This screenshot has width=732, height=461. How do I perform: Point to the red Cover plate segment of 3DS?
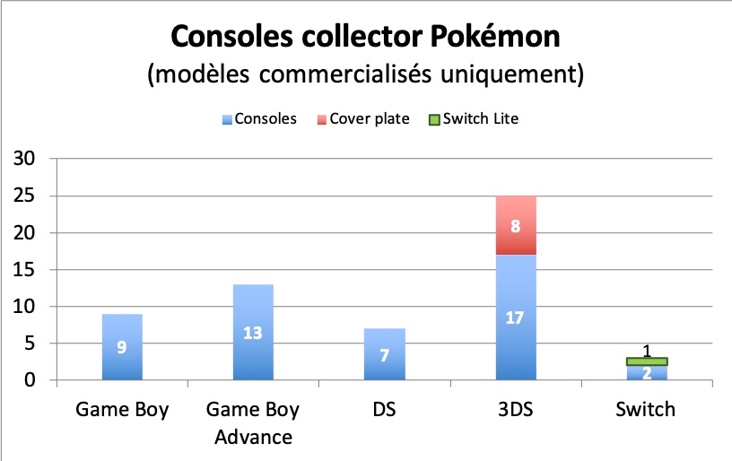click(516, 226)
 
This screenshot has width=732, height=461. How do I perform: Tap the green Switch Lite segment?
click(647, 361)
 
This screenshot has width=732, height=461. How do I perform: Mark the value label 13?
click(252, 333)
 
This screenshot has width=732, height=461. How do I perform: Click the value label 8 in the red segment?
click(516, 226)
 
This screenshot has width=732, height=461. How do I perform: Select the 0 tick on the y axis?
click(32, 380)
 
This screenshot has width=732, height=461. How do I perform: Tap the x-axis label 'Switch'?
click(647, 411)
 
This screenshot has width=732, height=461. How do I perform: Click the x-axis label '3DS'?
click(516, 411)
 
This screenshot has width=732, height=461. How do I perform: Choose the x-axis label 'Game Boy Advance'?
click(252, 423)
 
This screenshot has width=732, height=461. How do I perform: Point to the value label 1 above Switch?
click(647, 352)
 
